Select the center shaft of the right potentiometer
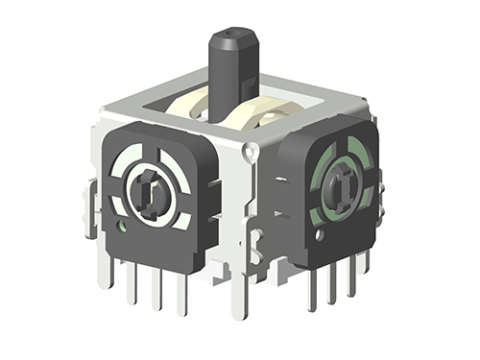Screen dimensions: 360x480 coord(341,180)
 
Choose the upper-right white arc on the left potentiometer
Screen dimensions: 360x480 coord(173,163)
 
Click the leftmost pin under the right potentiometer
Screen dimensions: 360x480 coord(312,288)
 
